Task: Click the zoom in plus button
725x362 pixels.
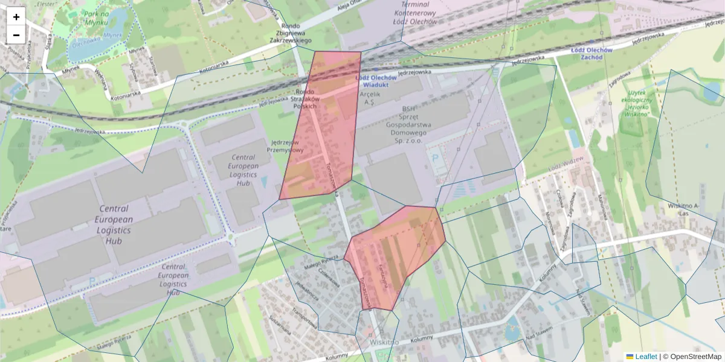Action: click(16, 17)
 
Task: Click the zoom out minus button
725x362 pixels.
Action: click(16, 35)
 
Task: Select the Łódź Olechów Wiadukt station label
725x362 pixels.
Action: click(376, 81)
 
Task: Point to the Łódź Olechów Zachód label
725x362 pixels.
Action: click(591, 54)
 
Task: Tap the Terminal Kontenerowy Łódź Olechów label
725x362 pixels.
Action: click(414, 13)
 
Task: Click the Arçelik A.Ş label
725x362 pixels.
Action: click(371, 98)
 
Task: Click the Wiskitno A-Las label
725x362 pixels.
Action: click(683, 209)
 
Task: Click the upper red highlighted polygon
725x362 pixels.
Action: click(320, 127)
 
